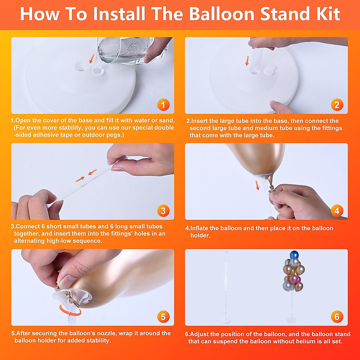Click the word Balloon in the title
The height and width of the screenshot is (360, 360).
(x=222, y=14)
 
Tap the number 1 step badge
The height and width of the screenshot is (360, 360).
(x=163, y=105)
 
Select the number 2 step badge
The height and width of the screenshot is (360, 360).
(x=337, y=105)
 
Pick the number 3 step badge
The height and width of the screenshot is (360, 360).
(x=163, y=211)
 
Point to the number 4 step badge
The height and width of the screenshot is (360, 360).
(x=337, y=211)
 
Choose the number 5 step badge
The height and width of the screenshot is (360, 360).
(x=163, y=316)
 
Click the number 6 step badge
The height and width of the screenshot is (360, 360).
(x=337, y=316)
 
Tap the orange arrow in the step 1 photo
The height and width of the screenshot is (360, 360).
(x=92, y=59)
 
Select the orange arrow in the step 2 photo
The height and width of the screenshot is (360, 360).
(x=247, y=61)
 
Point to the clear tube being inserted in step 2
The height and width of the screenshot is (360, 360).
(x=257, y=61)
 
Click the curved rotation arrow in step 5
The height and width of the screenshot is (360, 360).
(x=70, y=310)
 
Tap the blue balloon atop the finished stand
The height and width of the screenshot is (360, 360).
(x=294, y=255)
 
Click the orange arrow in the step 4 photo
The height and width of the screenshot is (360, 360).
(x=257, y=185)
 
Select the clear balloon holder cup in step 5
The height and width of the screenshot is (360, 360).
(x=73, y=297)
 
